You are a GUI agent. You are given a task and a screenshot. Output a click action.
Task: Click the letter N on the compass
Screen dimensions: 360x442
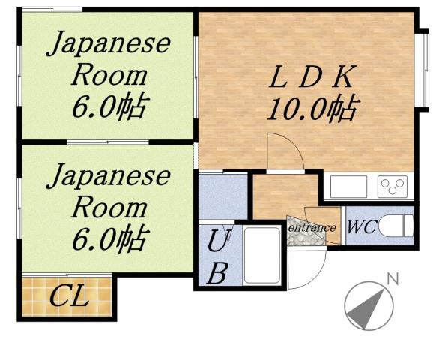(x=391, y=279)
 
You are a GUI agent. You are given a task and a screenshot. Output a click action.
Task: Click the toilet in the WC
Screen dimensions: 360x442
(x=395, y=224)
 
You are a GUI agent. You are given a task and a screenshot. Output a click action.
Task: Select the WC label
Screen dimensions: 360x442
(x=361, y=226)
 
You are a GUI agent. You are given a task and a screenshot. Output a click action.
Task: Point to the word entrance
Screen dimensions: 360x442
(x=312, y=226)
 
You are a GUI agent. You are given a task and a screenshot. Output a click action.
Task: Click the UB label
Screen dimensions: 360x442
(x=217, y=256)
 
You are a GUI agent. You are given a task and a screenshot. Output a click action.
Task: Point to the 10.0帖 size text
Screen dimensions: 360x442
(x=311, y=110)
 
